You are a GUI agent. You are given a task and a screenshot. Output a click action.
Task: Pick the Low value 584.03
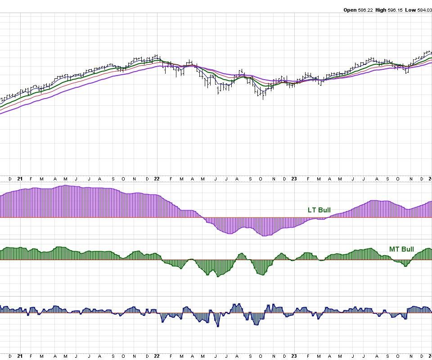426,10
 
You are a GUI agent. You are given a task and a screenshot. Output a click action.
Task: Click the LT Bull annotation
319,210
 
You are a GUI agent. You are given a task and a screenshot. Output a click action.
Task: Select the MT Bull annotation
401,249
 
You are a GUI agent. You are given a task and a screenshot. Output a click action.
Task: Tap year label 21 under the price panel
20,179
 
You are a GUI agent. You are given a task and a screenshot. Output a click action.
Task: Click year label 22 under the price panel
157,179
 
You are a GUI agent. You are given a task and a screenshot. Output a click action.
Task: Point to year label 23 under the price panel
294,179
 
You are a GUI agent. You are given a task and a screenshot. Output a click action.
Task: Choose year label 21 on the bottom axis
20,356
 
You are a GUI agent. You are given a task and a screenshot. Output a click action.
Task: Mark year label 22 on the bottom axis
157,356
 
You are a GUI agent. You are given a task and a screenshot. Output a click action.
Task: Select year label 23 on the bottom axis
294,356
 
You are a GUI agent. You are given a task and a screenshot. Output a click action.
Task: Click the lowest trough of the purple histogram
265,235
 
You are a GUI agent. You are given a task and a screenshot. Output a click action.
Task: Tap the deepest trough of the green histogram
218,276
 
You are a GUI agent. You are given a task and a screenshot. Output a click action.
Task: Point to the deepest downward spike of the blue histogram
218,326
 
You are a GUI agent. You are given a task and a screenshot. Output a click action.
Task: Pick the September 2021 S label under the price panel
112,179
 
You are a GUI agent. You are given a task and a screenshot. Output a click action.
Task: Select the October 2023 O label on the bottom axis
398,356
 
